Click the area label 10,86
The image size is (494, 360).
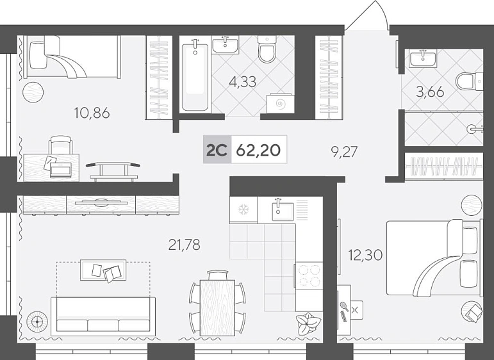[92, 113]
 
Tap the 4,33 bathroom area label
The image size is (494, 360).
[243, 81]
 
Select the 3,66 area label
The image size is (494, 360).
[430, 92]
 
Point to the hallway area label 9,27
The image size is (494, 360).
[344, 152]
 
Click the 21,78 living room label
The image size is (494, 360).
[185, 245]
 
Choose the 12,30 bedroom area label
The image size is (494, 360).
[365, 254]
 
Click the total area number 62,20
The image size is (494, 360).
[258, 151]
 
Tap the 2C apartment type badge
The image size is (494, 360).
[217, 150]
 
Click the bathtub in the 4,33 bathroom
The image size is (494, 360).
[195, 76]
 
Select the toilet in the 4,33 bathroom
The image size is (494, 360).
[267, 49]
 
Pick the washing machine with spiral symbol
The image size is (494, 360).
[280, 102]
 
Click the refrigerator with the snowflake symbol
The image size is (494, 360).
[243, 209]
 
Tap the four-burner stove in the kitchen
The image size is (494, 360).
[309, 275]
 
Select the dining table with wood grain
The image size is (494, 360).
[218, 307]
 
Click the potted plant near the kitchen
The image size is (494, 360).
[308, 323]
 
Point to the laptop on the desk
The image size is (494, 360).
[60, 170]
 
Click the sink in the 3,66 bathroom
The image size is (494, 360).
[423, 58]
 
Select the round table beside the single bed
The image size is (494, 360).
[33, 92]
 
